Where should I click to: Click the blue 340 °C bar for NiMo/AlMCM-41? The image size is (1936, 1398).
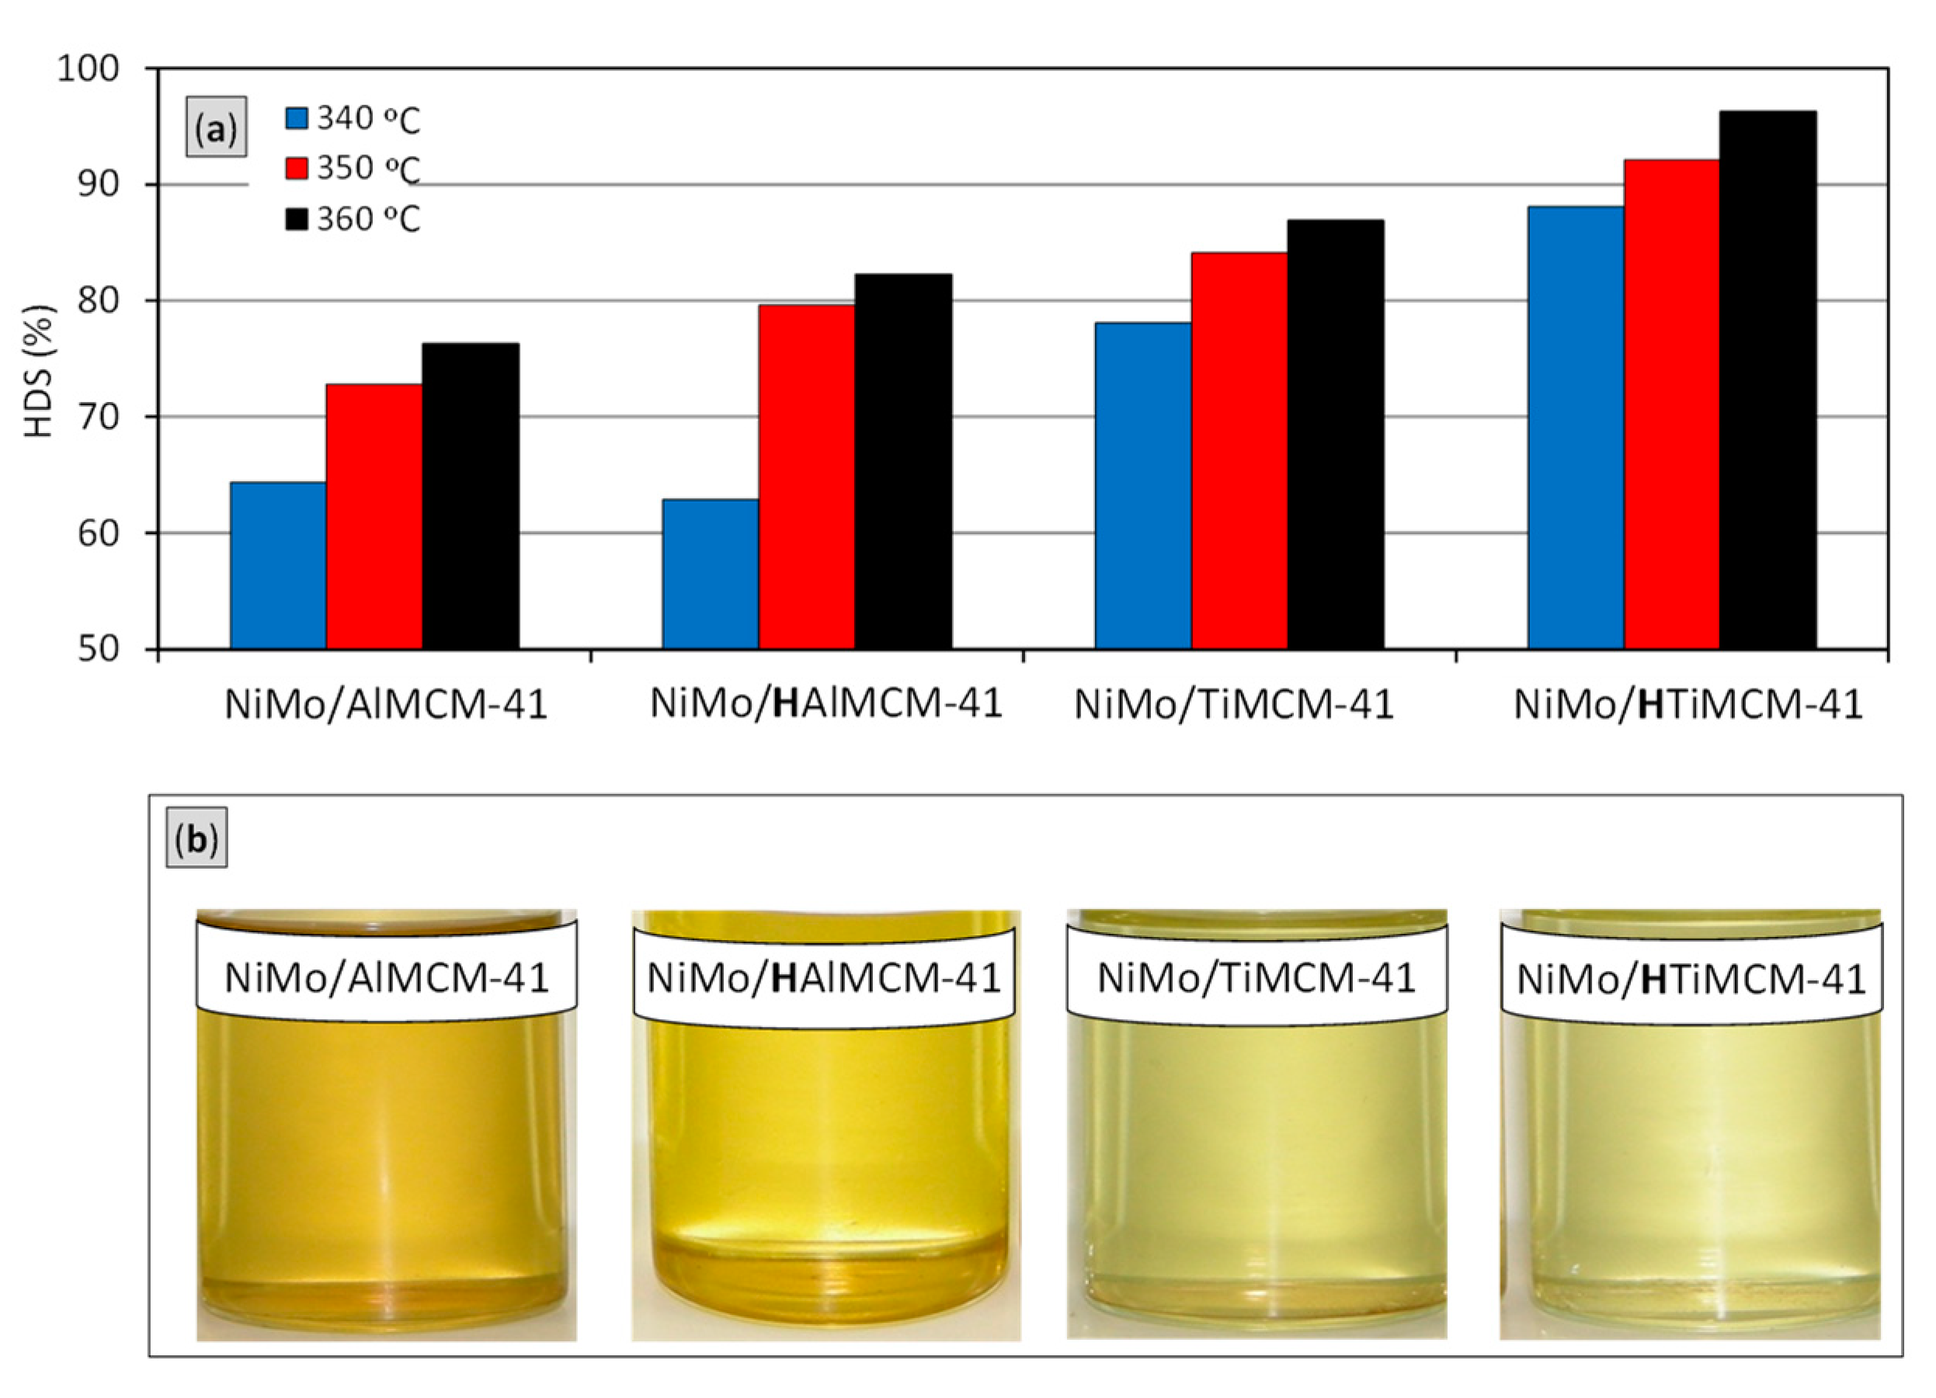click(278, 565)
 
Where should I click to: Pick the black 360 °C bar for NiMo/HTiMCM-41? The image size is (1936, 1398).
click(1767, 379)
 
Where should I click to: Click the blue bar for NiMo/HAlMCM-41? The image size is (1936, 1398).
click(711, 574)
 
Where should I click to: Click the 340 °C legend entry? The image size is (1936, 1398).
click(352, 119)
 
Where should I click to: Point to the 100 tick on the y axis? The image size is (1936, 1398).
click(89, 68)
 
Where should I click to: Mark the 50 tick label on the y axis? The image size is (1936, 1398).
click(100, 649)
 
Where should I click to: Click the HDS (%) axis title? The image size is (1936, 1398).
click(38, 370)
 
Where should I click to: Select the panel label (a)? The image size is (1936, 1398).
click(216, 128)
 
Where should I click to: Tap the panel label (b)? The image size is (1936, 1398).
click(196, 840)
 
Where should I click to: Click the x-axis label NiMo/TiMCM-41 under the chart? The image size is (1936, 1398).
click(1233, 705)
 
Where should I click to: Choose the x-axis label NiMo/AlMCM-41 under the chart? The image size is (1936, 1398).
click(385, 705)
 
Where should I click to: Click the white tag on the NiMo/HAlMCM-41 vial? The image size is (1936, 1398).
click(823, 977)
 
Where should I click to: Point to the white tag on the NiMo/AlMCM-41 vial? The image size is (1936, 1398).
click(386, 977)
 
